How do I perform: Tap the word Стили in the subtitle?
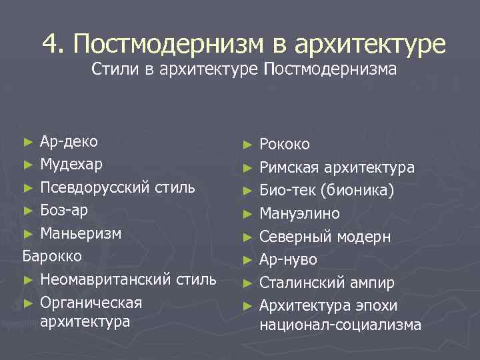tap(114, 69)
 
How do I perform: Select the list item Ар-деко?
tap(69, 141)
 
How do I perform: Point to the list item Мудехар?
tap(71, 163)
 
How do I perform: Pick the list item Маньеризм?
tap(81, 233)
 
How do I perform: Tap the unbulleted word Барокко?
tap(52, 256)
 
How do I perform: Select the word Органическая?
tap(91, 303)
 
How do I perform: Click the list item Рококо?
tap(285, 145)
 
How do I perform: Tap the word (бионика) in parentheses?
tap(357, 191)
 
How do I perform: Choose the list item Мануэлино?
tap(299, 214)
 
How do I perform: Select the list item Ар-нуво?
tap(288, 259)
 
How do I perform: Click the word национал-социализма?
tap(340, 325)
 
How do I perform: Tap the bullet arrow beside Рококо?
tap(248, 145)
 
